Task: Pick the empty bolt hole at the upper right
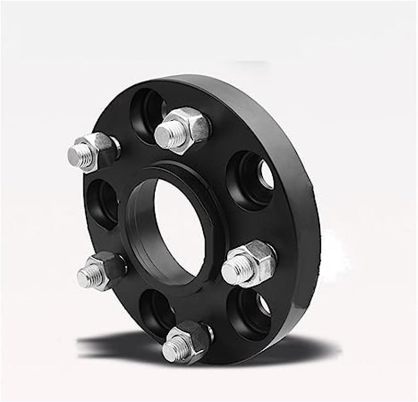pos(252,178)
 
